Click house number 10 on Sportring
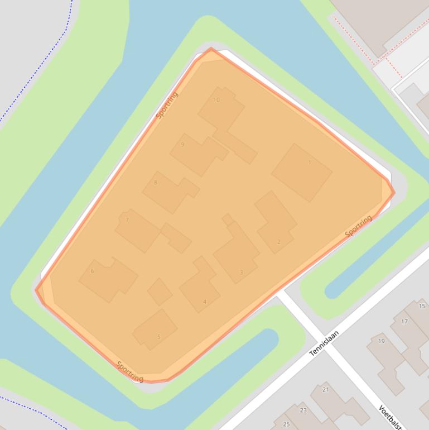pyautogui.click(x=216, y=100)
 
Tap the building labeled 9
pyautogui.click(x=182, y=144)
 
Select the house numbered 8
pyautogui.click(x=156, y=183)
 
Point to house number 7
pyautogui.click(x=127, y=220)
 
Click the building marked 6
pyautogui.click(x=93, y=271)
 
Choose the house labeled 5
pyautogui.click(x=159, y=337)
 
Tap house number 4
pyautogui.click(x=205, y=302)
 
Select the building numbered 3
pyautogui.click(x=241, y=273)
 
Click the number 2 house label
pyautogui.click(x=279, y=242)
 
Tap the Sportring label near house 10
pyautogui.click(x=167, y=105)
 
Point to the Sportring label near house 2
pyautogui.click(x=358, y=226)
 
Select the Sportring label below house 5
pyautogui.click(x=130, y=372)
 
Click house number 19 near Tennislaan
pyautogui.click(x=382, y=341)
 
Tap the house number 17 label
pyautogui.click(x=404, y=321)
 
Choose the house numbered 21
pyautogui.click(x=326, y=390)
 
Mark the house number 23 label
pyautogui.click(x=303, y=410)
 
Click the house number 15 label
pyautogui.click(x=422, y=306)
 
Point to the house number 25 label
pyautogui.click(x=286, y=424)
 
